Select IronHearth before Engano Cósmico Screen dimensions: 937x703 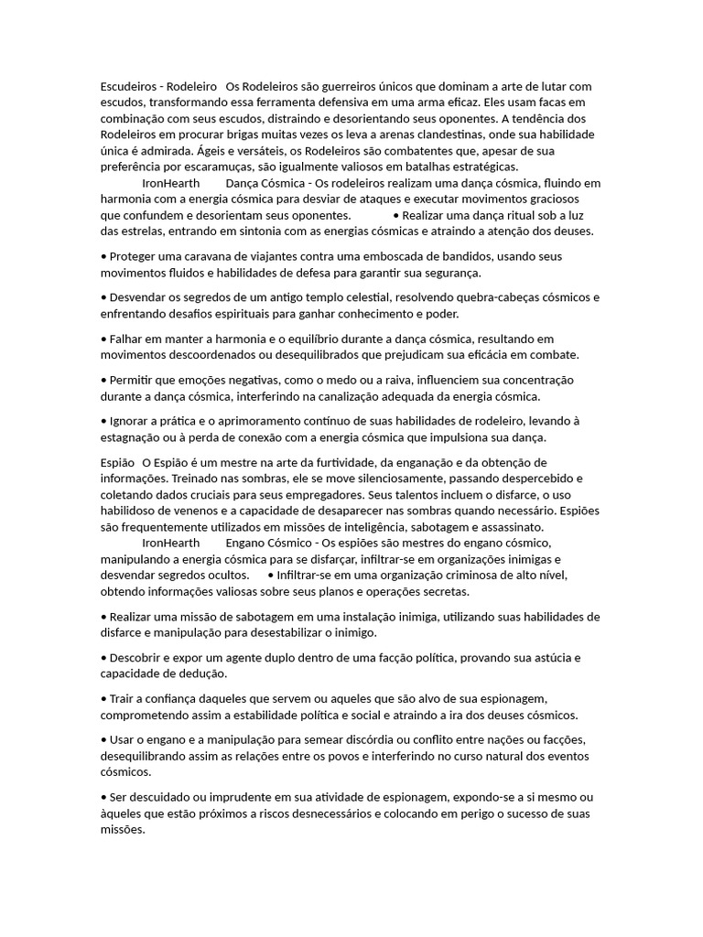(171, 543)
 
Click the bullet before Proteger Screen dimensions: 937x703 (103, 257)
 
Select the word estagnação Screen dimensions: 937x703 (136, 437)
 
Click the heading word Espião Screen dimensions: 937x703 (117, 462)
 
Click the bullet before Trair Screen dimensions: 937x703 (103, 699)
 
